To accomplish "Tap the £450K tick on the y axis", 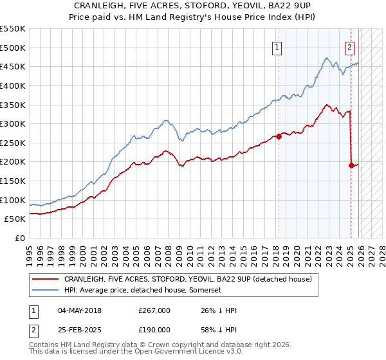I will click(13, 66).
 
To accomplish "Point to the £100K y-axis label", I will click(13, 200).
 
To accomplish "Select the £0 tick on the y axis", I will click(21, 238).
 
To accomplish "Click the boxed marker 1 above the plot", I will click(277, 46).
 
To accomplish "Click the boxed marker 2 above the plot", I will click(349, 46).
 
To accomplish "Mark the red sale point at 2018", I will click(279, 136).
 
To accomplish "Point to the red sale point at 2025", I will click(351, 165).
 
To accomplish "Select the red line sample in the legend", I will click(46, 279).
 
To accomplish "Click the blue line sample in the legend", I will click(46, 291).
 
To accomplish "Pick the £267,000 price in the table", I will click(154, 310).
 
